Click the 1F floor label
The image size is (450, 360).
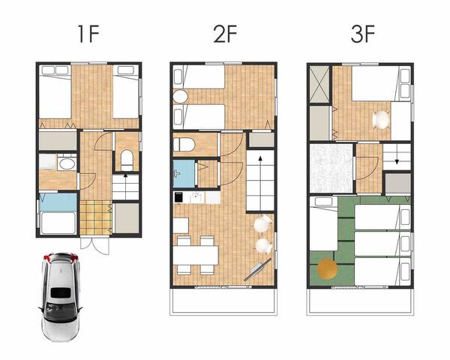(x=88, y=34)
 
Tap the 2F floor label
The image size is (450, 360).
(x=224, y=34)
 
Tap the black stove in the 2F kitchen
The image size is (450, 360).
(x=178, y=198)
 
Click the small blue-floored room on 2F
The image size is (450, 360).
(x=183, y=173)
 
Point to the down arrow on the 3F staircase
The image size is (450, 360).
(x=397, y=157)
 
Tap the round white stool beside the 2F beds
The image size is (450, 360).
(x=179, y=97)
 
